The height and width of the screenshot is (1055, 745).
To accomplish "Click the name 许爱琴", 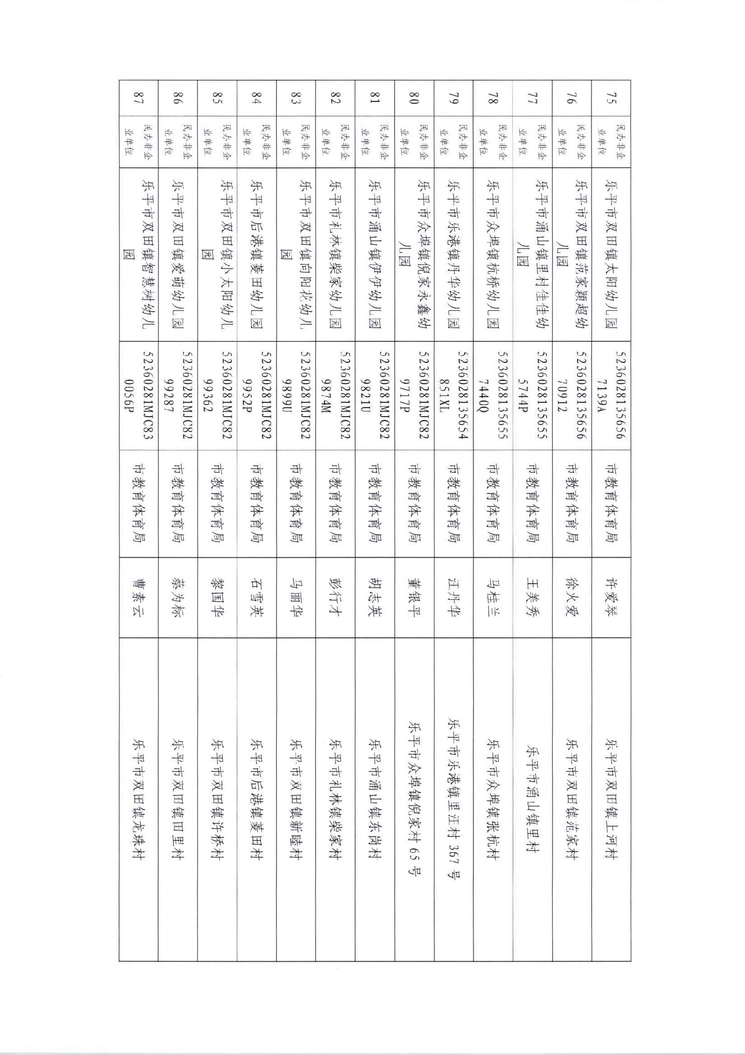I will pos(611,597).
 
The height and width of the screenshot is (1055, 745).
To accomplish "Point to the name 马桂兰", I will pos(493,597).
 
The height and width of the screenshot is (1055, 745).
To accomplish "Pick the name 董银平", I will pos(414,597).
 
